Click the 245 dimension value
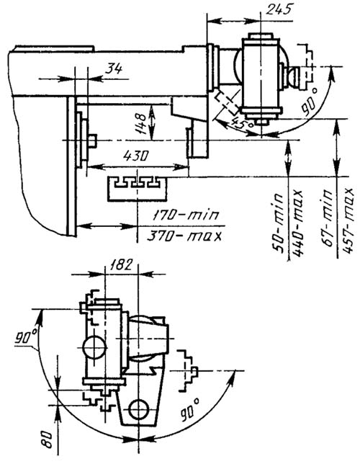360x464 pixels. point(279,9)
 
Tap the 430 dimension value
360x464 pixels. point(135,156)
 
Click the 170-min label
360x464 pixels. point(186,215)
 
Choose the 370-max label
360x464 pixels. point(184,236)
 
